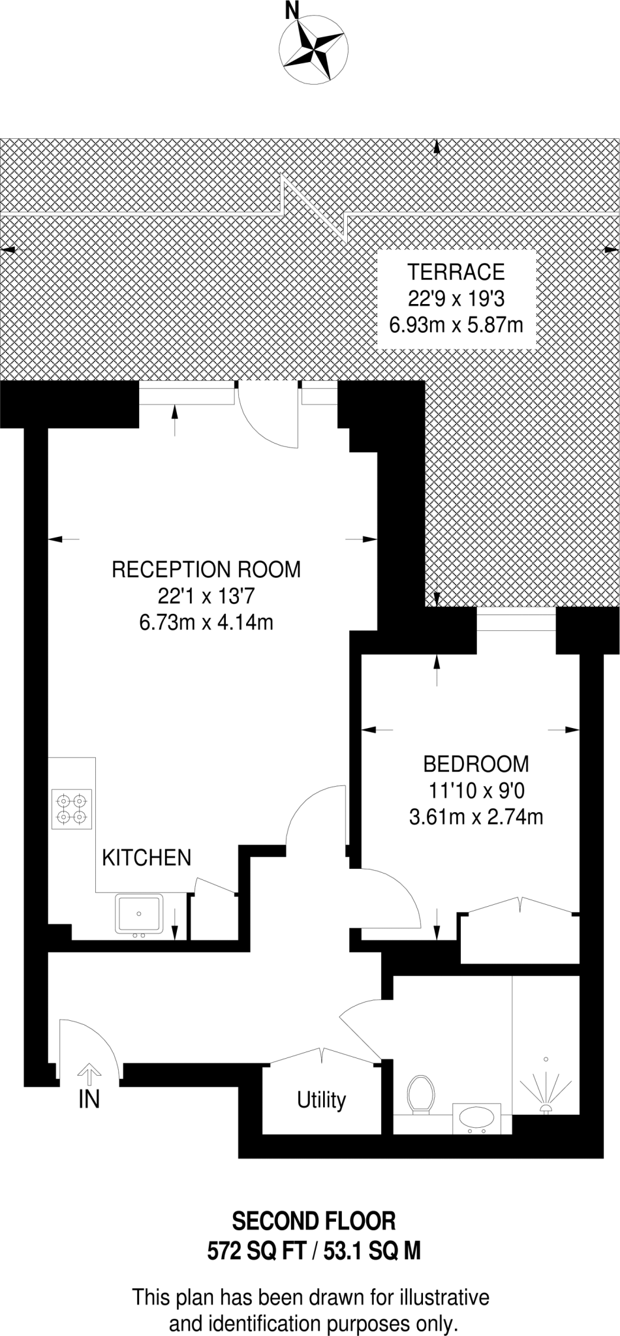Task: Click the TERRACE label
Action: point(456,271)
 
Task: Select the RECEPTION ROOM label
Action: point(206,569)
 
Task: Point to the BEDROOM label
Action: point(476,763)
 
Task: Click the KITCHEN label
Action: point(147,857)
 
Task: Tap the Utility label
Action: point(321,1100)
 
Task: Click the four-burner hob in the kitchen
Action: point(71,809)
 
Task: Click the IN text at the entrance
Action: point(89,1099)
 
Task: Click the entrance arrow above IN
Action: point(89,1073)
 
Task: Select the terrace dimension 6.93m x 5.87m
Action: point(456,324)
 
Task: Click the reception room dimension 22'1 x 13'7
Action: point(206,596)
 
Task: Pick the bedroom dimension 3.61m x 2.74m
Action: point(476,817)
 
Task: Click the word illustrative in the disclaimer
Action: point(444,1296)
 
